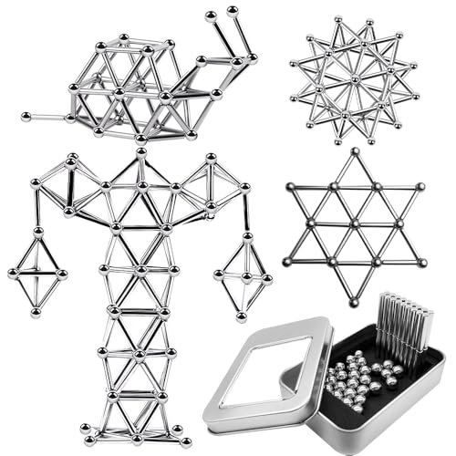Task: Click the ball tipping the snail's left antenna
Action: pos(211,16)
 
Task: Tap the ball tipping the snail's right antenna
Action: pos(233,11)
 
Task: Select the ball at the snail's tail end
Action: pos(24,116)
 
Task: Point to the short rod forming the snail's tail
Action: pos(46,117)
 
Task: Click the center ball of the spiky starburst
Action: pos(355,78)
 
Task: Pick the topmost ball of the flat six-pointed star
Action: pos(355,151)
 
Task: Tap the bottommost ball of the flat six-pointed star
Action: pos(355,301)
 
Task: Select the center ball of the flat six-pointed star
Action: pos(355,224)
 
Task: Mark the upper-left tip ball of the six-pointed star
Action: pos(290,186)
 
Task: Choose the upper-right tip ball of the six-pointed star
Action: pos(420,186)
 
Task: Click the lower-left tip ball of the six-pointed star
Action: pos(290,262)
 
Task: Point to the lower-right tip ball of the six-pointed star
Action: pos(420,262)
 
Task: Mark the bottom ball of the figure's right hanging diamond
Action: pos(242,316)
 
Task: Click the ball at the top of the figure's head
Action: pos(140,152)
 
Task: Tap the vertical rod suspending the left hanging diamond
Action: pos(37,209)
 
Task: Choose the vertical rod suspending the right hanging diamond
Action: pos(246,212)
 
